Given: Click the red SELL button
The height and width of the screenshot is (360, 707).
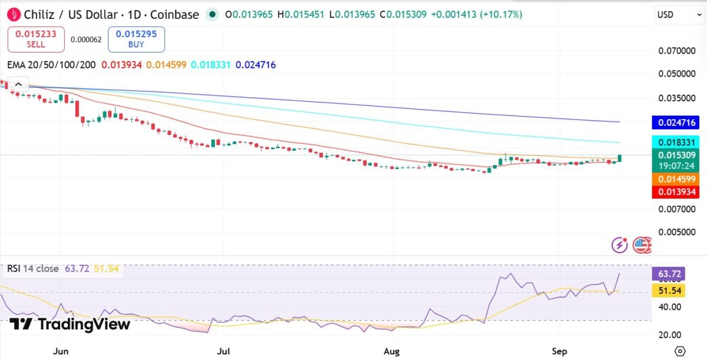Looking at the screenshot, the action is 36,39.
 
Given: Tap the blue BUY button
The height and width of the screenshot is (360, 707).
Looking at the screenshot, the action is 136,39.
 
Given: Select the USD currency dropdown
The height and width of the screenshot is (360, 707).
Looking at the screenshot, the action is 679,15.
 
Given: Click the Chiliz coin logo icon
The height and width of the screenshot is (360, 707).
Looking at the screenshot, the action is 14,15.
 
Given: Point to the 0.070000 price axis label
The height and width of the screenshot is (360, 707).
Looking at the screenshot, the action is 677,51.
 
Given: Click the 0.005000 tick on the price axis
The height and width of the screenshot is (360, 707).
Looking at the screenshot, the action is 677,232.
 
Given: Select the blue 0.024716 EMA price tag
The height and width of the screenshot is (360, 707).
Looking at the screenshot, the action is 675,123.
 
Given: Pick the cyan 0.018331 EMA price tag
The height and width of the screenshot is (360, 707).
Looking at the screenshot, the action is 675,143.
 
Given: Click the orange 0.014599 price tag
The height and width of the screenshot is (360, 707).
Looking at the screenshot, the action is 675,179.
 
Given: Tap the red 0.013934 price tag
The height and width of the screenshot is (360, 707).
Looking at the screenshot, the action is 675,192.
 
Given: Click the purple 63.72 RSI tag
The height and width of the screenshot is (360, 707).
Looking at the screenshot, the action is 669,273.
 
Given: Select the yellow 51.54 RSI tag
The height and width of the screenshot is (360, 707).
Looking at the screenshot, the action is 669,290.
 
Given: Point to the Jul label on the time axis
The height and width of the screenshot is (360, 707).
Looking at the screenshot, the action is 223,351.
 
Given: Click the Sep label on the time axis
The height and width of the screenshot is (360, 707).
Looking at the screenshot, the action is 559,351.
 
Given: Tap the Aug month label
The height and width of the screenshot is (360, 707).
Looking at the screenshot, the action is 391,351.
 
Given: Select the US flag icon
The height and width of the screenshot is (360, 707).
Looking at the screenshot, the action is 642,245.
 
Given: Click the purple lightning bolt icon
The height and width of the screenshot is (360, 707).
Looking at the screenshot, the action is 619,245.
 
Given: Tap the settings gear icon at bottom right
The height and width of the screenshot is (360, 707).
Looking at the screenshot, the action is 680,351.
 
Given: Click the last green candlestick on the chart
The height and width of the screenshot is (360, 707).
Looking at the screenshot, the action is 620,158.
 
